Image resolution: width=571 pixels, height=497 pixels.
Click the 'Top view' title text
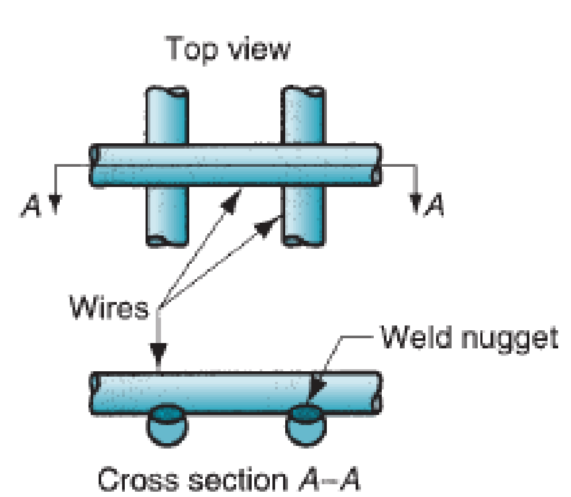pos(229,49)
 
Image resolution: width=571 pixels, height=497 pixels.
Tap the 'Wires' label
pos(110,307)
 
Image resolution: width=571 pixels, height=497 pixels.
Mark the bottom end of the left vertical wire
pos(167,240)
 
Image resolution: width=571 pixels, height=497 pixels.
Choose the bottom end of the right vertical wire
pos(302,240)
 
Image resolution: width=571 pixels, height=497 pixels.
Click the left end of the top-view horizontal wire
pos(94,165)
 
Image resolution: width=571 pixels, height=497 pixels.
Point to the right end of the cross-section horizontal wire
pos(377,393)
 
